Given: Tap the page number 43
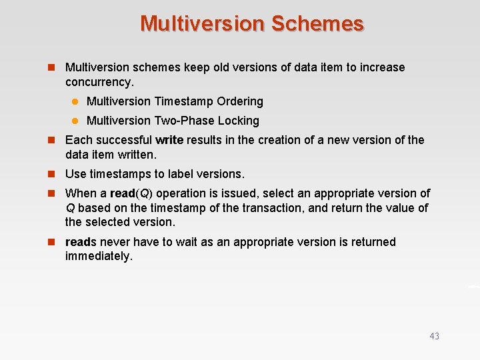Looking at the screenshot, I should pyautogui.click(x=434, y=336).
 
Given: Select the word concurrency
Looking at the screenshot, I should pyautogui.click(x=99, y=82).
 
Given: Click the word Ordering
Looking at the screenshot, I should pyautogui.click(x=240, y=101).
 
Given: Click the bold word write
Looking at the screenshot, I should pyautogui.click(x=169, y=140).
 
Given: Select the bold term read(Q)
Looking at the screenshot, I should pyautogui.click(x=131, y=193).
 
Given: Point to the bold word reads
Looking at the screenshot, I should pyautogui.click(x=81, y=242).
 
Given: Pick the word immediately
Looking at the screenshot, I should pyautogui.click(x=99, y=256).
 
